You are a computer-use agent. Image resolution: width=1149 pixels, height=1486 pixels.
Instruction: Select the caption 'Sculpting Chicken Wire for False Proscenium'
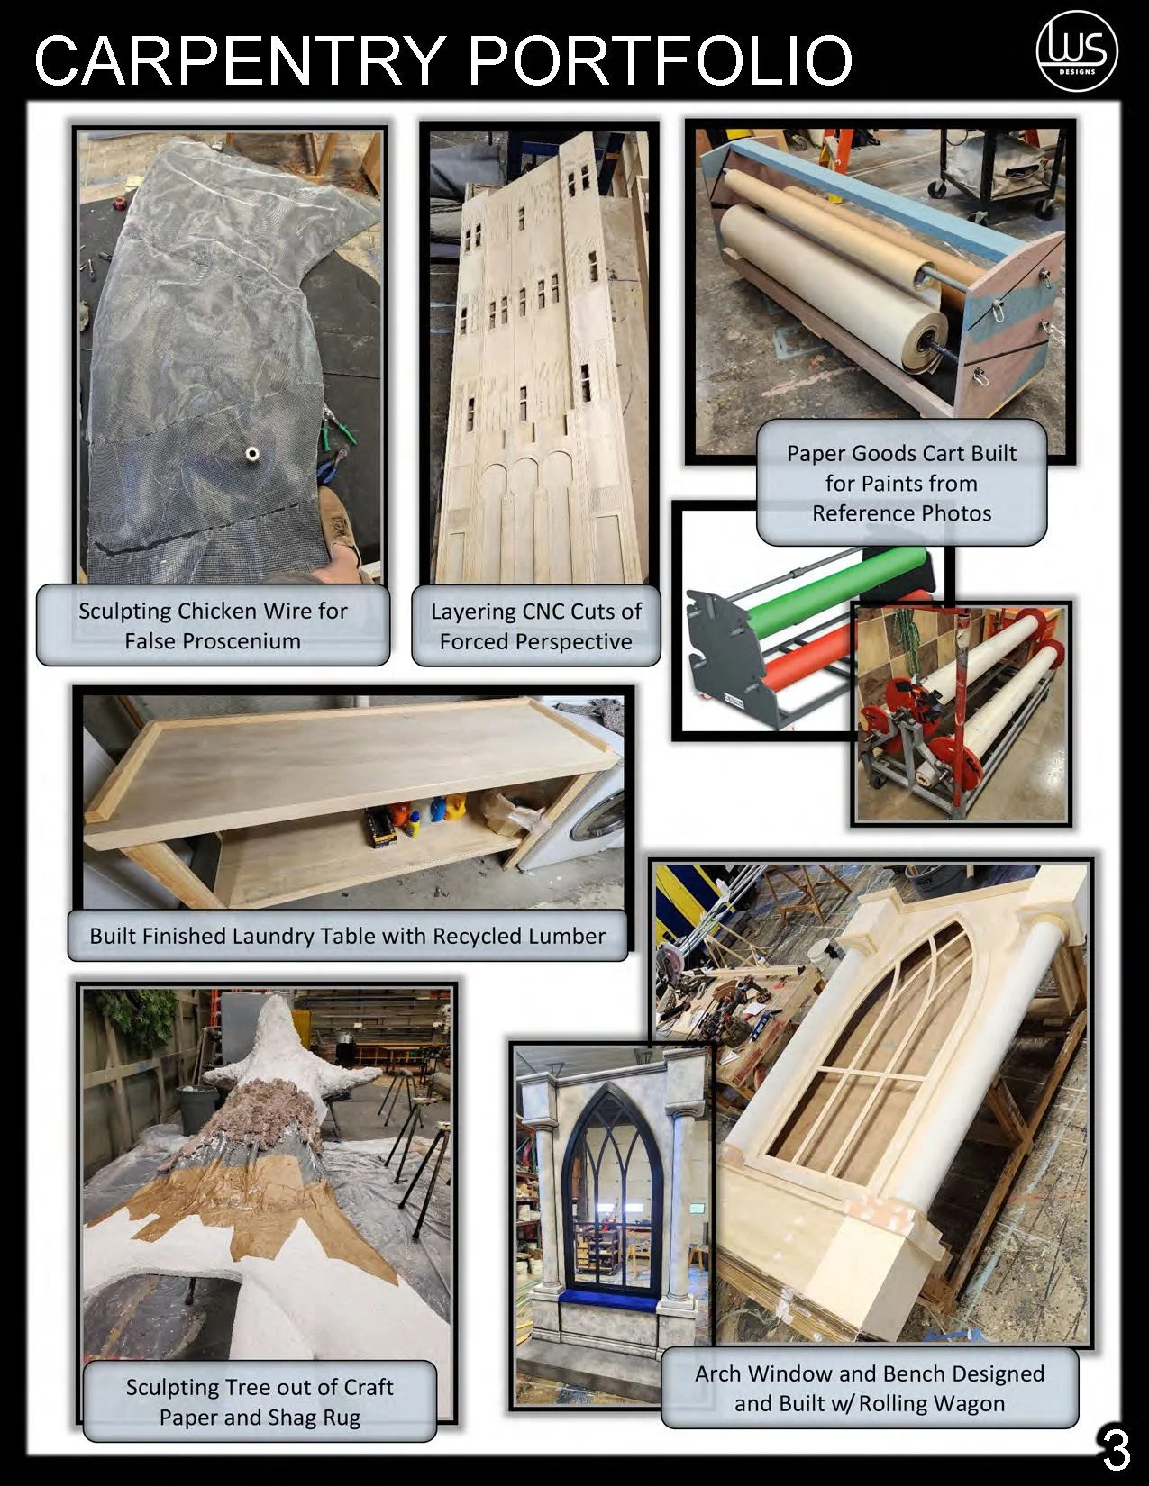(213, 626)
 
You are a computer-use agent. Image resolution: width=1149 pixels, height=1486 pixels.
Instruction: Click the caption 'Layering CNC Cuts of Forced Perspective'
(536, 626)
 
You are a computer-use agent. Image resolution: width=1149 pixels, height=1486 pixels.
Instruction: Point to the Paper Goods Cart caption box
(901, 483)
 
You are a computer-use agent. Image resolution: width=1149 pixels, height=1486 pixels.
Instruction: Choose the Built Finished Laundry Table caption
(347, 936)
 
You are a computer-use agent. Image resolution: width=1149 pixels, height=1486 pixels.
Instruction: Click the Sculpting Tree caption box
(260, 1401)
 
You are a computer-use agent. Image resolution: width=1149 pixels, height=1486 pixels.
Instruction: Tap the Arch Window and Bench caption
(869, 1388)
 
